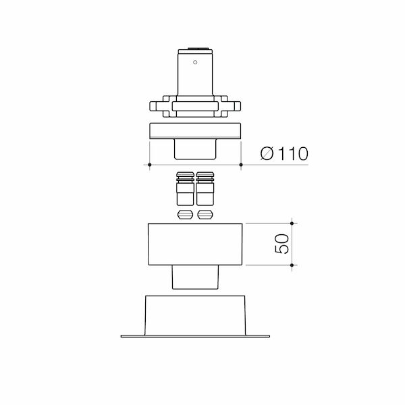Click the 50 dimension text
tap(282, 244)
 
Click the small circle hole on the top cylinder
tap(195, 63)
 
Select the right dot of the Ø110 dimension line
tap(242, 165)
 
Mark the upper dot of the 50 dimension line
tap(292, 222)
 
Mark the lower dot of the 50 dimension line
tap(292, 265)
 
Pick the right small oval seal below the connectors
tap(205, 215)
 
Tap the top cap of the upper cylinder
tap(195, 49)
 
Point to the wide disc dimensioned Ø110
tap(195, 131)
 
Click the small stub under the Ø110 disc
tap(195, 149)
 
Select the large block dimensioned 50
tap(195, 244)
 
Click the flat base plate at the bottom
tap(195, 335)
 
